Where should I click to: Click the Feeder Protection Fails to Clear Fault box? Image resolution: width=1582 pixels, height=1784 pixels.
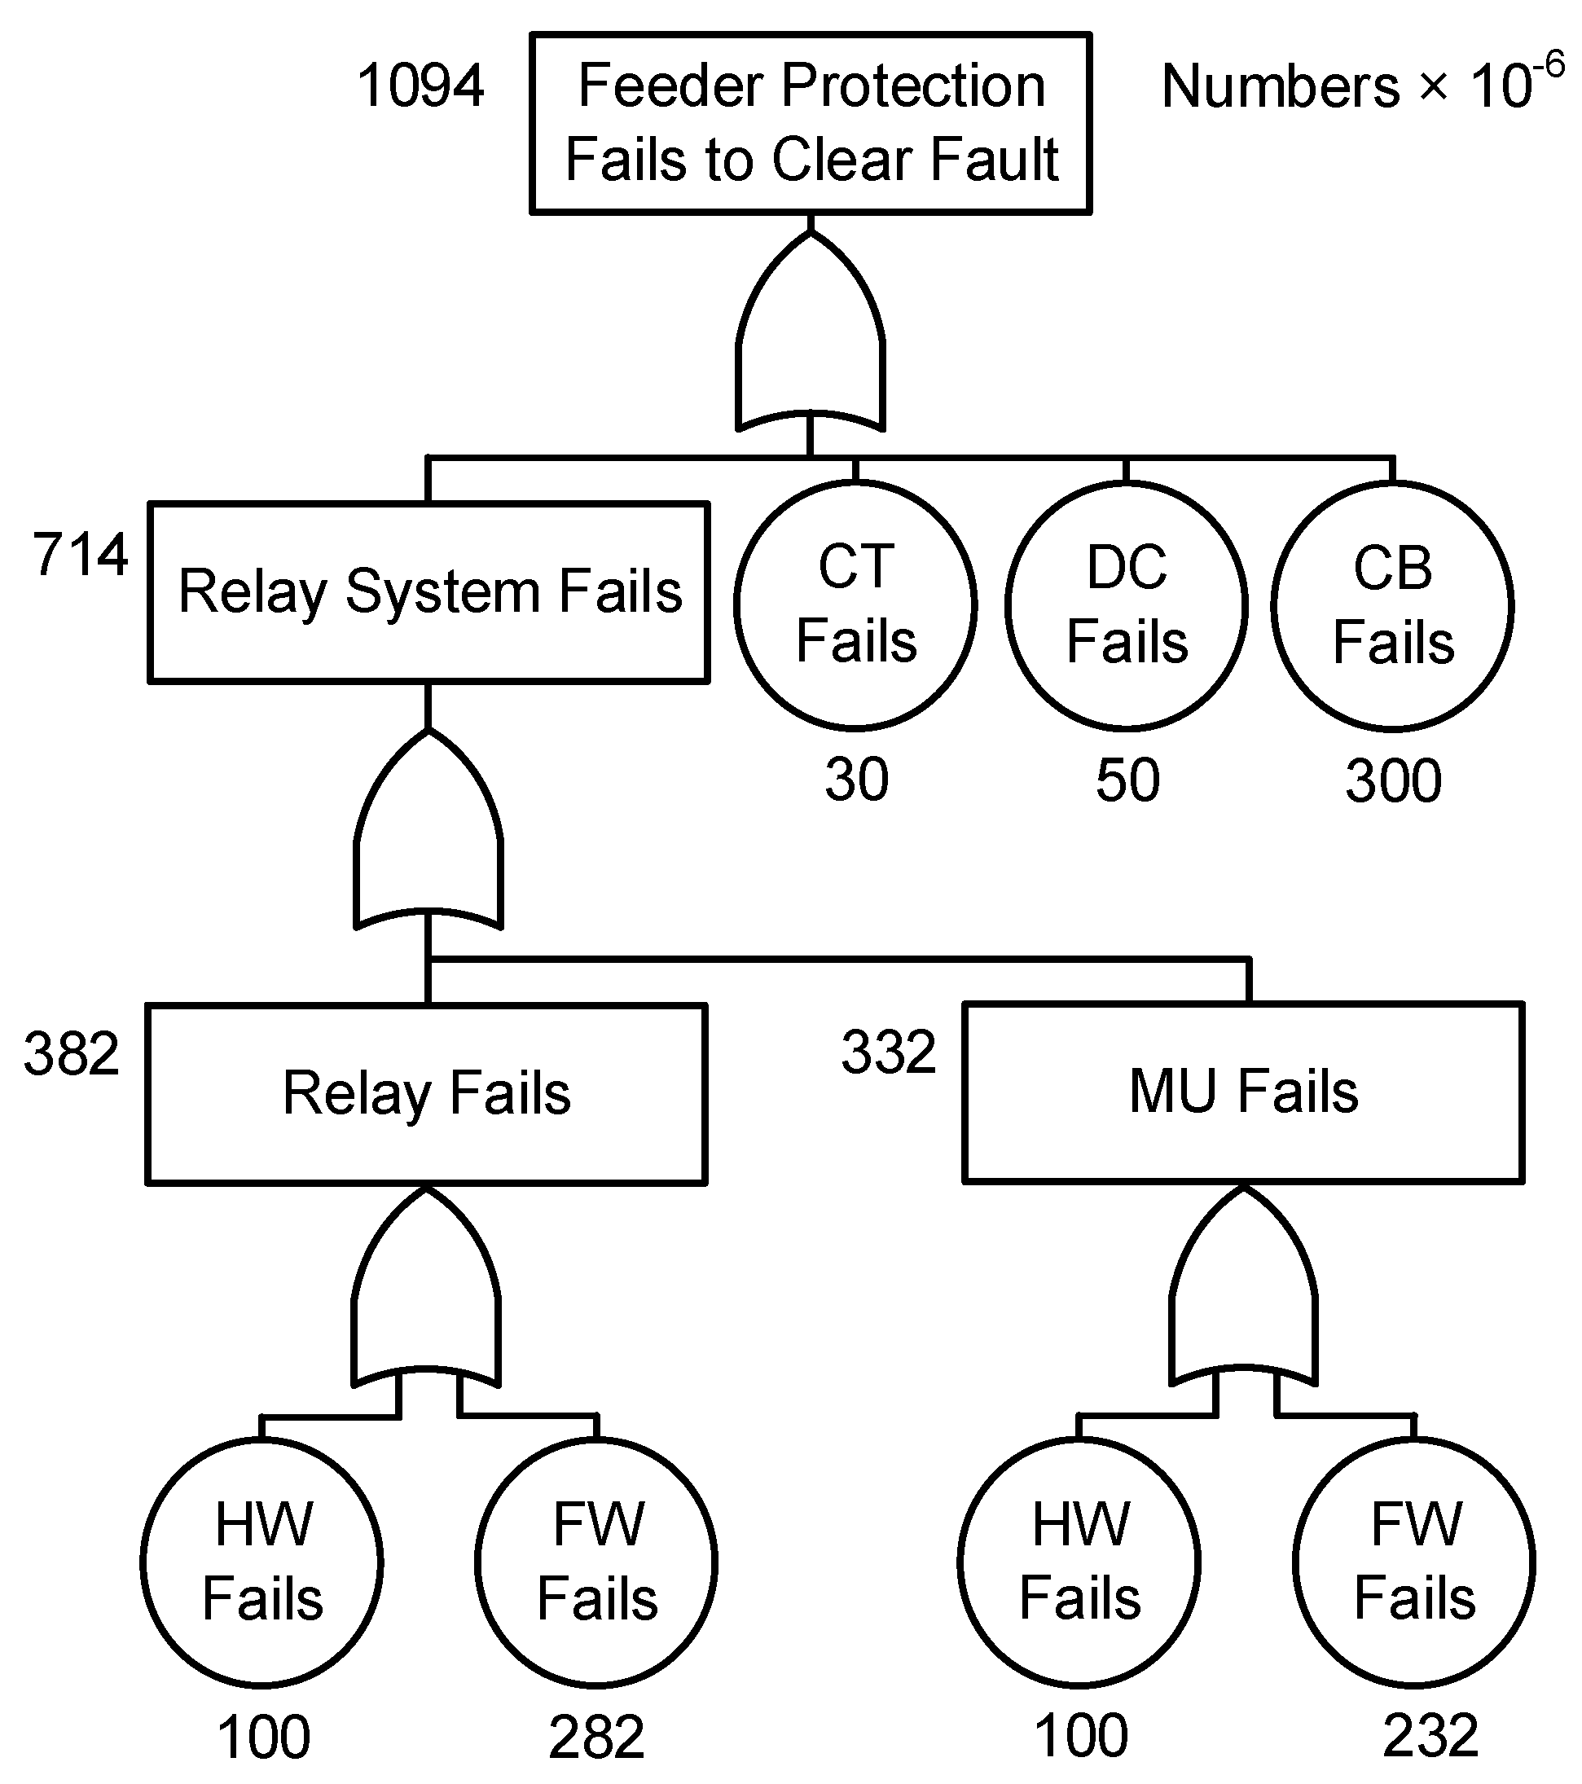click(811, 123)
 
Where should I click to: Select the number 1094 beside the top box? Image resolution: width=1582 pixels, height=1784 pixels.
click(420, 86)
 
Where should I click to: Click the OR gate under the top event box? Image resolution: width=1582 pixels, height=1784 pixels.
click(811, 341)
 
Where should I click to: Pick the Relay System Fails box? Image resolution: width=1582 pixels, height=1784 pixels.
click(428, 591)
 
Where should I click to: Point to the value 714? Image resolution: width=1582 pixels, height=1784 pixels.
click(81, 555)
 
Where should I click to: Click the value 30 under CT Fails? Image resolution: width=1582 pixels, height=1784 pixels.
click(856, 780)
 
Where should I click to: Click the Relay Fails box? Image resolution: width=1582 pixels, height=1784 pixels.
click(426, 1093)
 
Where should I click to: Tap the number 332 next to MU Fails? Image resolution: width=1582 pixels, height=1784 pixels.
click(888, 1052)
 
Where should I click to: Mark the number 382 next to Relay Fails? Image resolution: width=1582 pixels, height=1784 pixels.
click(72, 1053)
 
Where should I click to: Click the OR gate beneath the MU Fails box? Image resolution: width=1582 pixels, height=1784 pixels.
click(1243, 1297)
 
